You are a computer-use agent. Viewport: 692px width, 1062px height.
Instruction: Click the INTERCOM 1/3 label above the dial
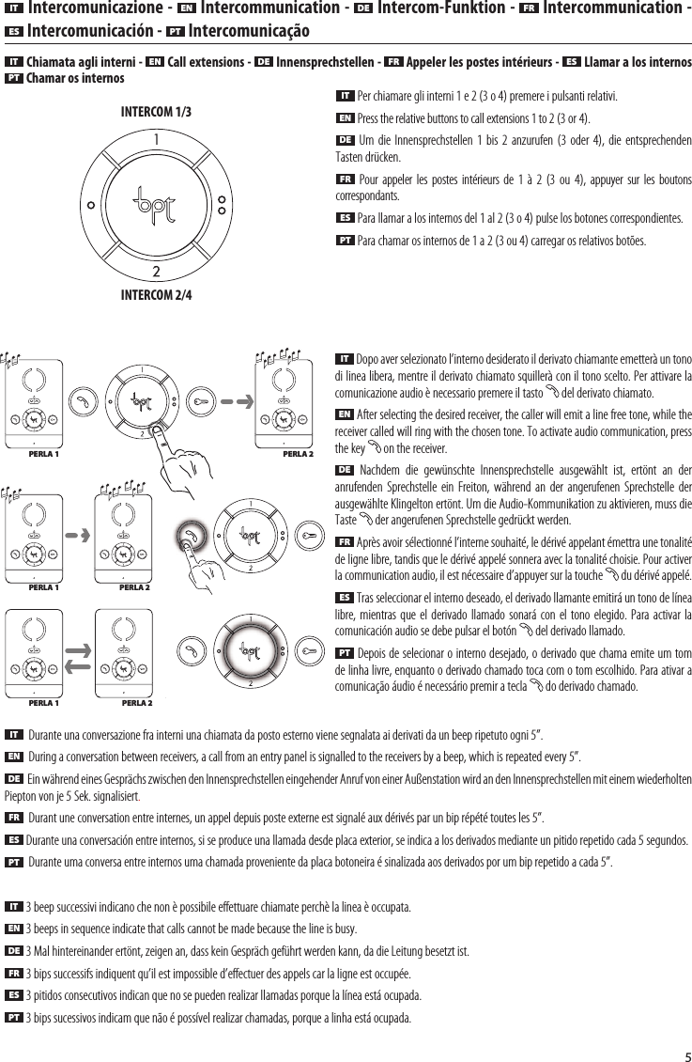tap(157, 112)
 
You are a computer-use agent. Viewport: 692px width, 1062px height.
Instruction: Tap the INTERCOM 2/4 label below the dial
tap(157, 295)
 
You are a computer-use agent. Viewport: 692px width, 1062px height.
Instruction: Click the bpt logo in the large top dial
tap(156, 203)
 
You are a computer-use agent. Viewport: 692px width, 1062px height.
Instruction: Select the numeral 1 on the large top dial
tap(156, 142)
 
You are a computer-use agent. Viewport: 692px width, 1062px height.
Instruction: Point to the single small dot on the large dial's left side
tap(90, 204)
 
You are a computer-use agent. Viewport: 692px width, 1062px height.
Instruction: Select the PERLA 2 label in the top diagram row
tap(299, 453)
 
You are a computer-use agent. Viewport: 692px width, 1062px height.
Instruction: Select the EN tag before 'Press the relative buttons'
tap(346, 119)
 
